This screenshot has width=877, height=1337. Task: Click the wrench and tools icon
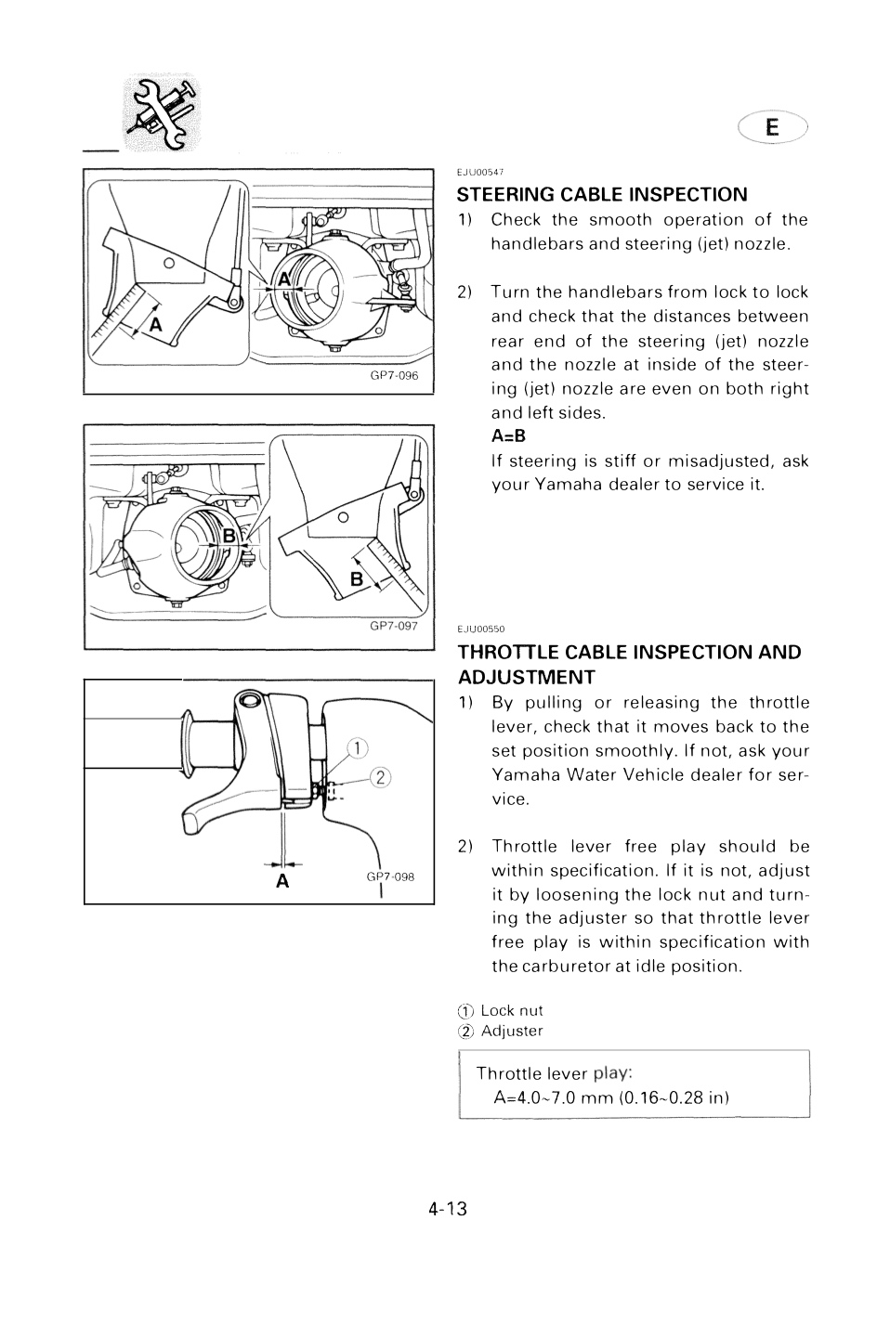point(162,111)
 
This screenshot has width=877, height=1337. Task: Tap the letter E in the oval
point(772,127)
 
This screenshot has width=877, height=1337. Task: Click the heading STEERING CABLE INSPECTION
point(602,195)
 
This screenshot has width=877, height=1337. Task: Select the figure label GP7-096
point(394,375)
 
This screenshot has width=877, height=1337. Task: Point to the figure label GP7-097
point(394,626)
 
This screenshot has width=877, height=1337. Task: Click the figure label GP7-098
point(390,876)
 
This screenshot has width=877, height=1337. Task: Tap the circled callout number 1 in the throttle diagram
point(358,748)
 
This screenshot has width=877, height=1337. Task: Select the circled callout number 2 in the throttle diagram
point(381,777)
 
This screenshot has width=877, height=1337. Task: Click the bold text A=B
point(508,436)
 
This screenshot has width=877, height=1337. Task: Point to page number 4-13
point(448,1209)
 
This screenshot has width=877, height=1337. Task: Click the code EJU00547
point(480,172)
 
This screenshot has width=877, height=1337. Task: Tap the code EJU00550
point(481,630)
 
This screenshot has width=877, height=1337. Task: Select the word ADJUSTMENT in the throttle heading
point(527,678)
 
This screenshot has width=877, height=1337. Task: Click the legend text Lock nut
point(512,1010)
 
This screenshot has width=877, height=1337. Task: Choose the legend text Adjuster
point(512,1031)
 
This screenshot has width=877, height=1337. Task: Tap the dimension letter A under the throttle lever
point(282,881)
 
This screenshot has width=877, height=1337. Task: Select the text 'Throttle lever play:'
point(554,1073)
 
